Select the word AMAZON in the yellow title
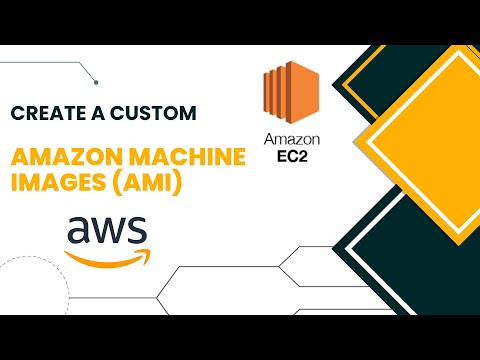coord(55,157)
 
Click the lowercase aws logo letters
coord(106,233)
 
